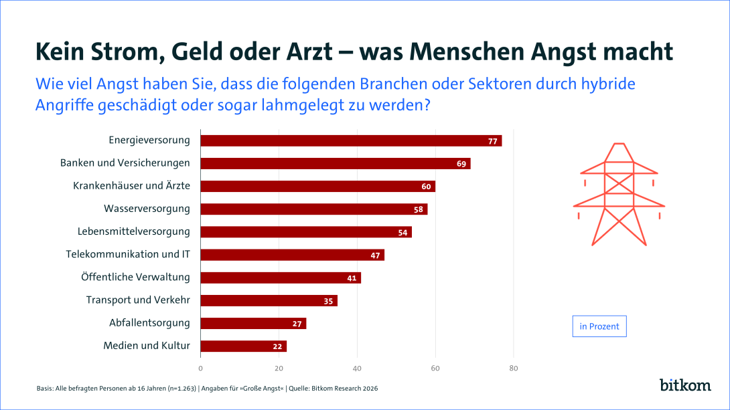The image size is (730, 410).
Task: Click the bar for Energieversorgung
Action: coord(351,140)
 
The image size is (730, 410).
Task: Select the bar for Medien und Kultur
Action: coord(244,346)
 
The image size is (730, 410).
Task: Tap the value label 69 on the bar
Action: coord(461,163)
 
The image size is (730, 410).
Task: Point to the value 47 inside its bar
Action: coord(375,255)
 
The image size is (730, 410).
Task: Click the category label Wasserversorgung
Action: coord(147,209)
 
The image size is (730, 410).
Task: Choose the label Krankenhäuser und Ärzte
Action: coord(131,186)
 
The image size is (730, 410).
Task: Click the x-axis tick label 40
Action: coord(357,368)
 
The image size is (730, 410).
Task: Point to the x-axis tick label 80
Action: coord(514,368)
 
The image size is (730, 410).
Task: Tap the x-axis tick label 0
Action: coord(201,368)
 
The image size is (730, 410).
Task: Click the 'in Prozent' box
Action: coord(599,326)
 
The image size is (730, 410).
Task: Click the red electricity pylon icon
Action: coord(618,194)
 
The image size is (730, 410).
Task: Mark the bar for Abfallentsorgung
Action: coord(253,323)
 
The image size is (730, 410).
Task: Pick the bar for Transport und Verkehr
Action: coord(269,300)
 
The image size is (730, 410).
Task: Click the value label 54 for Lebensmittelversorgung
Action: coord(403,232)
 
